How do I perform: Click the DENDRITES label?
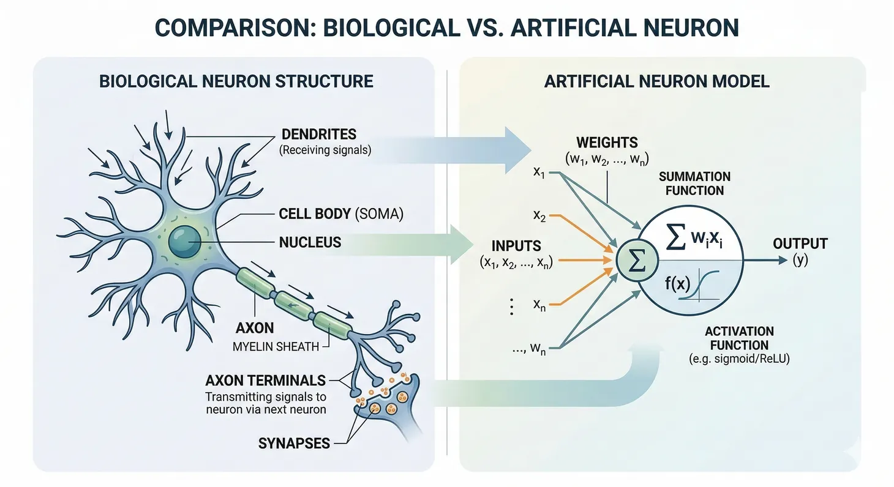(318, 134)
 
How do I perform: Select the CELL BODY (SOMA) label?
(341, 214)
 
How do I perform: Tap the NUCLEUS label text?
(310, 242)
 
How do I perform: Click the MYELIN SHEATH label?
(276, 346)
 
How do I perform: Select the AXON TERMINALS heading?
(265, 380)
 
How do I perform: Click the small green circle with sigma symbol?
(637, 261)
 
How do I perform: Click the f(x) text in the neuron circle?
(678, 284)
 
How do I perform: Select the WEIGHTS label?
(607, 143)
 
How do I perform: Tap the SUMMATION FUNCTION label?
(694, 183)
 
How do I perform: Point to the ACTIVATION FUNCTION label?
(738, 338)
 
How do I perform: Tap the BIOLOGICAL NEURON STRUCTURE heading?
(236, 81)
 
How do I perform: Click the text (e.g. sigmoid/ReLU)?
(738, 360)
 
